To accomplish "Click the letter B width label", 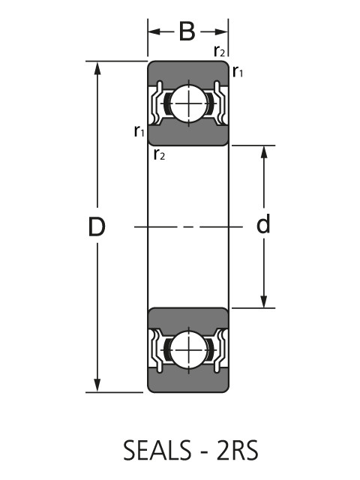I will coord(187,31).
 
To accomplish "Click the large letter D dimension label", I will coord(96,226).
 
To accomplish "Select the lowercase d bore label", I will coord(263,224).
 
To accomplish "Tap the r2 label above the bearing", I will coord(219,51).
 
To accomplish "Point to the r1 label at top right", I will coord(238,71).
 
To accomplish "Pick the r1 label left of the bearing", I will coord(139,132).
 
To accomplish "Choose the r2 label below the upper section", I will coord(159,155).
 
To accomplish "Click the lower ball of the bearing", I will coord(187,349).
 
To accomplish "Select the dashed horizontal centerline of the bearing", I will coord(187,226).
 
